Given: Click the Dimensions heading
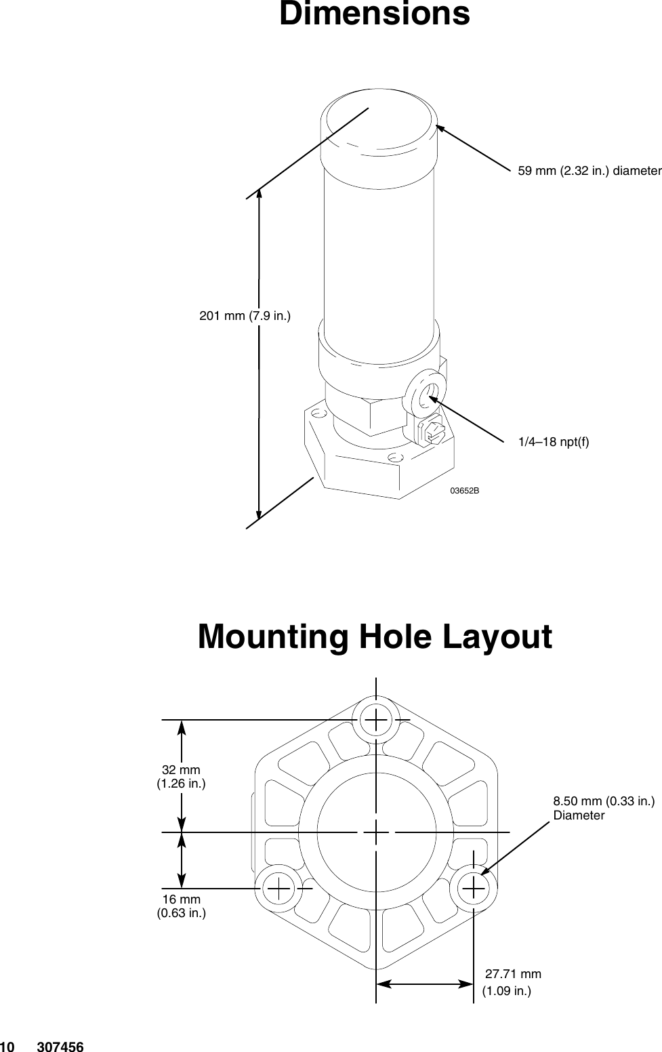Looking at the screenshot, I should pyautogui.click(x=374, y=14).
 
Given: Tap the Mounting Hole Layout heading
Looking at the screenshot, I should pyautogui.click(x=375, y=637).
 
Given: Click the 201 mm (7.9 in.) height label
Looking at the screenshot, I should pyautogui.click(x=245, y=315).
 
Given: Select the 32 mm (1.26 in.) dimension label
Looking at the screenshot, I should pyautogui.click(x=181, y=777).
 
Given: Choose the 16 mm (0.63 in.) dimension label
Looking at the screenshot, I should pyautogui.click(x=181, y=906).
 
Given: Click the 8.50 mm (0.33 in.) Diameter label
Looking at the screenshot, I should pyautogui.click(x=604, y=808).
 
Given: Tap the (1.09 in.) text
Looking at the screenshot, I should pyautogui.click(x=506, y=992).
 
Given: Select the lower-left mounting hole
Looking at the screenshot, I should pyautogui.click(x=278, y=886).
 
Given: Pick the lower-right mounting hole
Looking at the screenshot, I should pyautogui.click(x=474, y=886).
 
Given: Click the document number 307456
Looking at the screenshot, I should pyautogui.click(x=61, y=1047).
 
